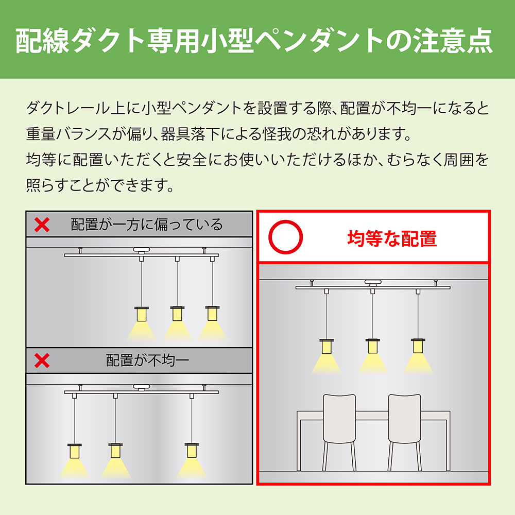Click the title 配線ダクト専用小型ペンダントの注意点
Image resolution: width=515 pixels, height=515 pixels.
(254, 41)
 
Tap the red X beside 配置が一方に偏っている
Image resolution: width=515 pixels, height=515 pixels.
(42, 225)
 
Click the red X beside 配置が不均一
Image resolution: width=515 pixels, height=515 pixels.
(42, 360)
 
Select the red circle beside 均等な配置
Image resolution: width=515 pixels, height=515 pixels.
(285, 237)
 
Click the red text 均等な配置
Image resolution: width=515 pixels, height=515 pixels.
(392, 238)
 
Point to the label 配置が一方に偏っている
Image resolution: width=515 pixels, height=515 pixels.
(147, 225)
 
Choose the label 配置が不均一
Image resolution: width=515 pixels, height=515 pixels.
(147, 360)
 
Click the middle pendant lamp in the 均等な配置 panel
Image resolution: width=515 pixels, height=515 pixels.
(372, 346)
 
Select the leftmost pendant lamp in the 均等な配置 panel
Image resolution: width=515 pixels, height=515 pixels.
(327, 346)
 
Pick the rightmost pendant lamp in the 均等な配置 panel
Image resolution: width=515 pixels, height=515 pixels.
(418, 346)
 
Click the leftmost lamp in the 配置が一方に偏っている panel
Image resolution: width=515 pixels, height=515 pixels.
(142, 314)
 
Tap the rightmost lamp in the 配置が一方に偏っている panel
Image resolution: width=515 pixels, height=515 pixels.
(212, 313)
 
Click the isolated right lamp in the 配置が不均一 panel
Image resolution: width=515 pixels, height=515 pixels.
(192, 450)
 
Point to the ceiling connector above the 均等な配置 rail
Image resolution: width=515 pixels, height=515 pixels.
(373, 282)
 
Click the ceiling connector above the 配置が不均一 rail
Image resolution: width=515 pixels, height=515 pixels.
(142, 388)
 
